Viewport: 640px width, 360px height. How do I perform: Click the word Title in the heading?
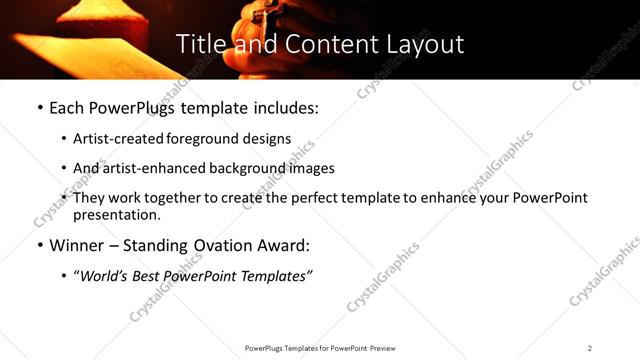click(x=199, y=45)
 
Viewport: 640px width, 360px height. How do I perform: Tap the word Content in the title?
click(x=319, y=45)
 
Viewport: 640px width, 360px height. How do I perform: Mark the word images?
click(x=311, y=169)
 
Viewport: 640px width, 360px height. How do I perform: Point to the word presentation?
click(x=116, y=215)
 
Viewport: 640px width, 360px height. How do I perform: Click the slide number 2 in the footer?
click(x=590, y=348)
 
